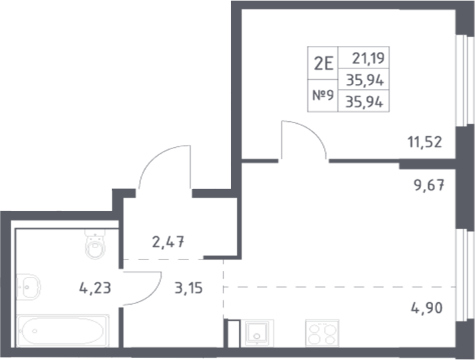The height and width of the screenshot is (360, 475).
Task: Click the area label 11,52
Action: click(425, 141)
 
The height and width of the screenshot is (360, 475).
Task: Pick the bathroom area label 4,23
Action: click(94, 288)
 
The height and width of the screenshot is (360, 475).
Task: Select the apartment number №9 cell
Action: click(323, 96)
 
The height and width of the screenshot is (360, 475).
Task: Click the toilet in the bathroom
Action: click(94, 246)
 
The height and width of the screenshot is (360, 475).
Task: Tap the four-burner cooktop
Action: click(321, 331)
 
